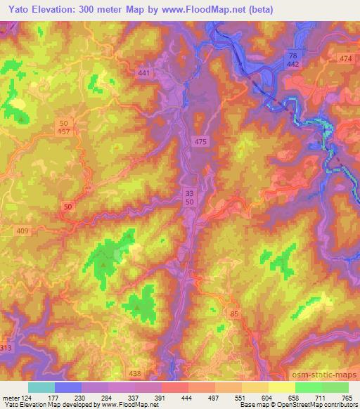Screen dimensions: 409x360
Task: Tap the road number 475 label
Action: [x=201, y=142]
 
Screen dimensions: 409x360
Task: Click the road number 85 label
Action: [x=233, y=313]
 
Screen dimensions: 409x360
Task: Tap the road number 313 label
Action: [x=6, y=349]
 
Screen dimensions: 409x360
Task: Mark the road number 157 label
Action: [x=64, y=132]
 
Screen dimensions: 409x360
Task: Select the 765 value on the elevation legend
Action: [x=347, y=397]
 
